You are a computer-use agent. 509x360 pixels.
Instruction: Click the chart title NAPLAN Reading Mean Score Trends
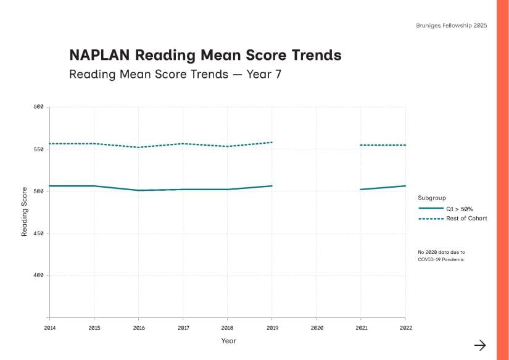click(205, 55)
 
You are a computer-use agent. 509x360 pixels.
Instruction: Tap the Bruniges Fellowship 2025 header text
click(452, 25)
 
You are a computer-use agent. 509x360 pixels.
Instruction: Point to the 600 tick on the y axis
click(38, 107)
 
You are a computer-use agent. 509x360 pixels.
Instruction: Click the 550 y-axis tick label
click(38, 149)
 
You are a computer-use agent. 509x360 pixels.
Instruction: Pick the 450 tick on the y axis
click(38, 233)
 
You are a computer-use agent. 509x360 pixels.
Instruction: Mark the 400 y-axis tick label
click(38, 275)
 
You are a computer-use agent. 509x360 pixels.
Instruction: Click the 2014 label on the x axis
click(49, 328)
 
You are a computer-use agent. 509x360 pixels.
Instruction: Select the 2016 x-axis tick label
click(139, 328)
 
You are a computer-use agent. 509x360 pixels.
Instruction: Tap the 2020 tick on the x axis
click(317, 328)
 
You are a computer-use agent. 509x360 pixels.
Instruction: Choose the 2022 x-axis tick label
click(405, 328)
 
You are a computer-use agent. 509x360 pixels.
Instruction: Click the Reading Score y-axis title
click(25, 211)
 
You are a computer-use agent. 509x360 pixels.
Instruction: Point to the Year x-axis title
click(228, 341)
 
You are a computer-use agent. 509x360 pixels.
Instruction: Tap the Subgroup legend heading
click(432, 198)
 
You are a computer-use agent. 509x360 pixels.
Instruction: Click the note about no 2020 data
click(441, 256)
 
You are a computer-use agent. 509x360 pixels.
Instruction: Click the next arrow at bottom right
click(479, 345)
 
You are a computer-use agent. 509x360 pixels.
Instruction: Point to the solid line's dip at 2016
click(139, 190)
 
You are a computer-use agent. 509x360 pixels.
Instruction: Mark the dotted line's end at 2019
click(272, 143)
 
